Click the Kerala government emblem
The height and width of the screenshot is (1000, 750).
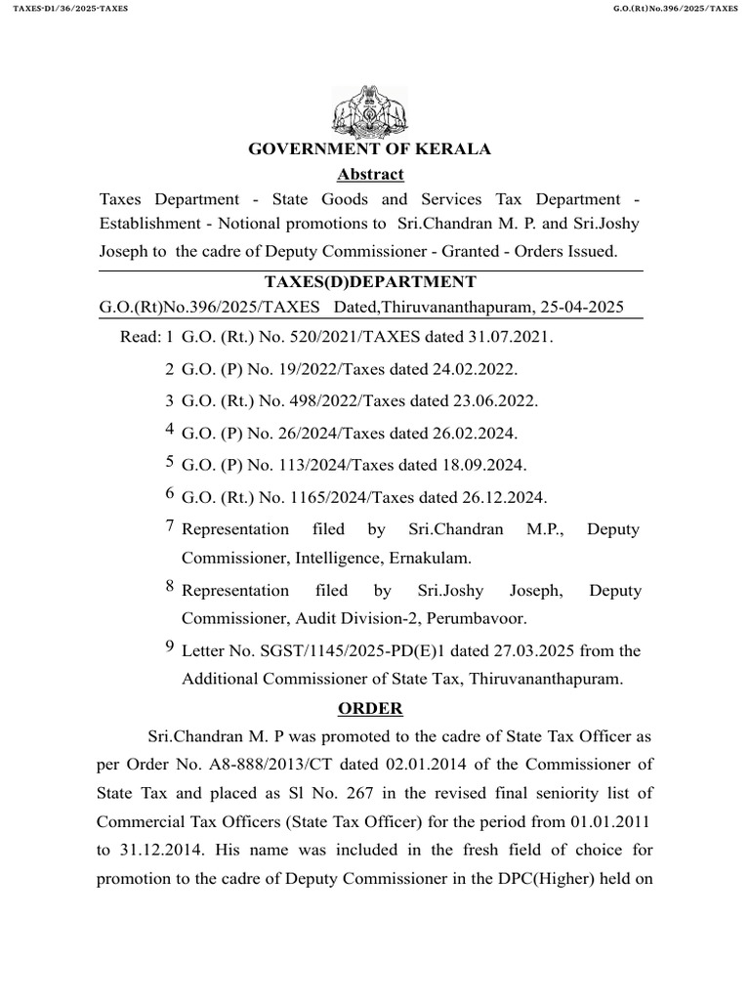coord(370,112)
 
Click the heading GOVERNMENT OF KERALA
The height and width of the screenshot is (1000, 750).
coord(370,149)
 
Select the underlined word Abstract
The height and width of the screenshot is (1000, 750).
coord(370,175)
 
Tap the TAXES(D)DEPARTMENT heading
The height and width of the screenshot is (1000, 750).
coord(370,282)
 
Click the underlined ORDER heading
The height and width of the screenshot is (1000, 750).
coord(370,708)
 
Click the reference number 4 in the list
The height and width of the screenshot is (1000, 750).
coord(170,430)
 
